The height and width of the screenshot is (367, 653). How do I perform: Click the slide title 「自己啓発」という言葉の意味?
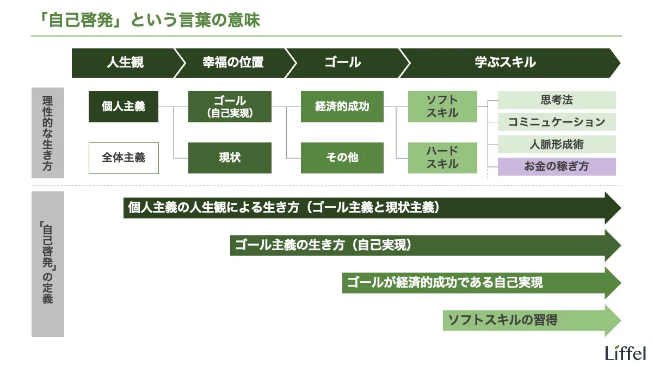[146, 20]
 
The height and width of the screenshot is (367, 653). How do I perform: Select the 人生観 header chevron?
[125, 63]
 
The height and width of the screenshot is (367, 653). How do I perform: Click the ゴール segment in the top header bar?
[343, 63]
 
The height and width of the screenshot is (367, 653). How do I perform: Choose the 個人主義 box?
[124, 107]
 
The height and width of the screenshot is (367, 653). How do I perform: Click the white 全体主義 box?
[124, 158]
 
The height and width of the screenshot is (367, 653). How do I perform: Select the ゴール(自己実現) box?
[230, 107]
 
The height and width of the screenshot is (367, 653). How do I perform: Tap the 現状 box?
[230, 158]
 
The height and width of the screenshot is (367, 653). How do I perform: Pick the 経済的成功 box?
[342, 107]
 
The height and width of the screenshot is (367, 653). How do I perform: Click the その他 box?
[342, 158]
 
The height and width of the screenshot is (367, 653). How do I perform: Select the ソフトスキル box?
[442, 107]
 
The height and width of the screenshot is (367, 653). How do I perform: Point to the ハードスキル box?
[442, 158]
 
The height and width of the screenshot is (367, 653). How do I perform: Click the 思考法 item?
[557, 100]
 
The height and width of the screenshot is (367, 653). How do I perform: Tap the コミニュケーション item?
[557, 122]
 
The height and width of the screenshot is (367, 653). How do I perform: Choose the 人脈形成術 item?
[557, 145]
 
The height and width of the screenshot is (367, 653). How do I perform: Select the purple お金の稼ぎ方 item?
[557, 167]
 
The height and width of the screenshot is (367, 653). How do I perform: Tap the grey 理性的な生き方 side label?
[48, 133]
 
